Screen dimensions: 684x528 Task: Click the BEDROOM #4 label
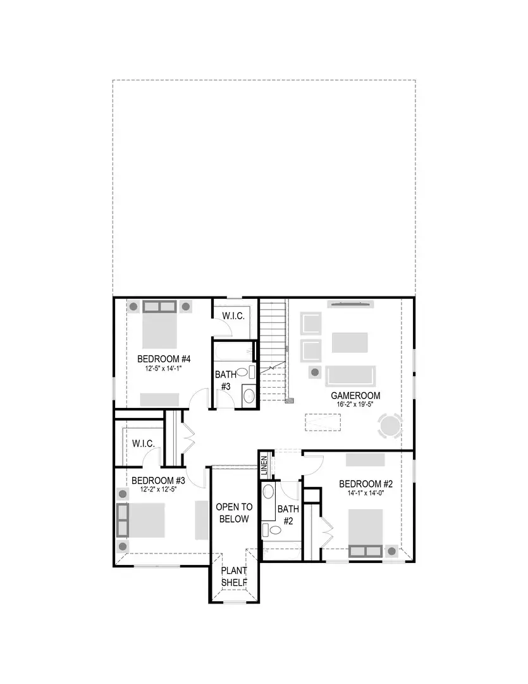click(x=164, y=358)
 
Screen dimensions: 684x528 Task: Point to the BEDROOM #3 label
click(x=158, y=479)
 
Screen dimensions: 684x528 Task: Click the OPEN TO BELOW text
click(x=234, y=513)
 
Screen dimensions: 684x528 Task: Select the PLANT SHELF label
click(x=234, y=576)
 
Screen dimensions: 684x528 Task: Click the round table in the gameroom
click(x=390, y=426)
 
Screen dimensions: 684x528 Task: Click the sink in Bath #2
click(x=269, y=493)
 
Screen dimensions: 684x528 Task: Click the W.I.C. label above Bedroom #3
click(x=144, y=443)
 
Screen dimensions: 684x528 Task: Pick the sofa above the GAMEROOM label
click(x=350, y=375)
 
